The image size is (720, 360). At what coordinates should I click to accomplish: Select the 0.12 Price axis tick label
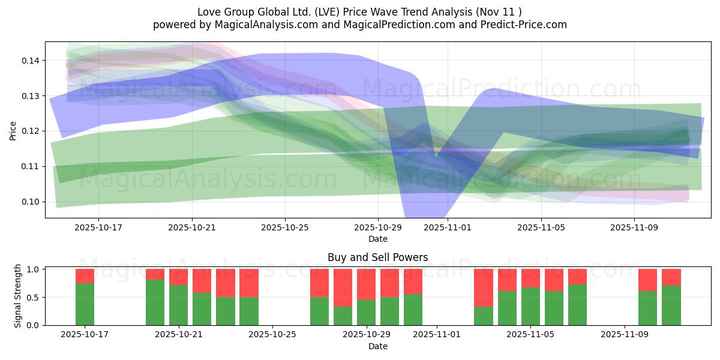point(30,131)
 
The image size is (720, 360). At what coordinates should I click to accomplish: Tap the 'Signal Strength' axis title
point(18,296)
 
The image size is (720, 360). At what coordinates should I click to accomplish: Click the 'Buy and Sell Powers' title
point(377,257)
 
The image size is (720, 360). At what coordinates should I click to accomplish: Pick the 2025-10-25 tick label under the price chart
point(285,228)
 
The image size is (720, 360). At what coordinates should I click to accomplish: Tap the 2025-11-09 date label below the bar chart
point(625,335)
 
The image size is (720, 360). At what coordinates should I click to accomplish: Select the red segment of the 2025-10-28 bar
point(343,287)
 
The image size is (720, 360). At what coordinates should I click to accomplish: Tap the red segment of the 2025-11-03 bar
point(484,287)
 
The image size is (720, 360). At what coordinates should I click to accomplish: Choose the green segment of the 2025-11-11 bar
point(671,305)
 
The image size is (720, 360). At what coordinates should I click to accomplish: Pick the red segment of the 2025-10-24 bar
point(249,283)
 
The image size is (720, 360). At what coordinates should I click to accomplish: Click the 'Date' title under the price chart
point(377,239)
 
